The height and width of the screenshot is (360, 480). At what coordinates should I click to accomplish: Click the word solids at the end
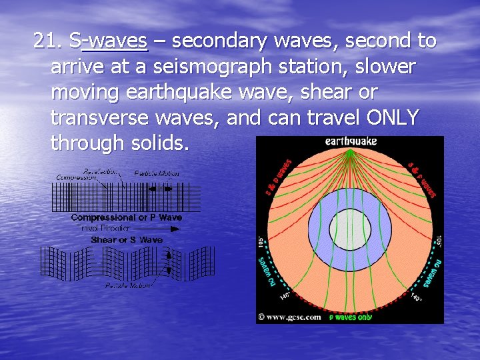coord(158,143)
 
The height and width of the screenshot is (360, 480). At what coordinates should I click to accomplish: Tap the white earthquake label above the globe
coord(351,141)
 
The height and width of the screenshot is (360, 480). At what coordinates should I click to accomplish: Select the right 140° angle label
coord(417,298)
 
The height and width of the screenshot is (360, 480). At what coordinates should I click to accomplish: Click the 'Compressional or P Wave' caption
coord(126,218)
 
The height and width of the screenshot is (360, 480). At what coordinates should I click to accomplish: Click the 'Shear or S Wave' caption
coord(126,239)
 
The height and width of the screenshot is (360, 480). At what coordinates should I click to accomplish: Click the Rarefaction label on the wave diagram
coord(100,171)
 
